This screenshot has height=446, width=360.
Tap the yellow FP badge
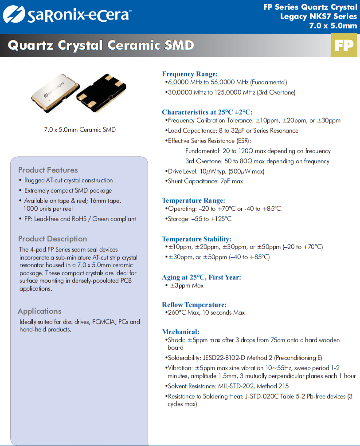pos(344,46)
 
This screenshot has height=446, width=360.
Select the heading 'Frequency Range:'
pos(190,74)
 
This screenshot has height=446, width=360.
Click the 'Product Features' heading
pos(48,170)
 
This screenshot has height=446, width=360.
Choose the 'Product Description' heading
pos(53,239)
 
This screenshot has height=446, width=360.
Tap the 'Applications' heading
pos(39,311)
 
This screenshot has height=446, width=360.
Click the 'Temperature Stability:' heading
pos(196,239)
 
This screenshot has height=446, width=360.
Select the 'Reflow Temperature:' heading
pos(194,305)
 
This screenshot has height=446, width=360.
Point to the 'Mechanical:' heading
pos(180,332)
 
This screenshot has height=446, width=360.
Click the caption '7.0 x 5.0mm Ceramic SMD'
pos(80,130)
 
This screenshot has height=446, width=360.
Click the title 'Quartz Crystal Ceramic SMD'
pos(101,46)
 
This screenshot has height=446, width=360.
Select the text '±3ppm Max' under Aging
pos(187,286)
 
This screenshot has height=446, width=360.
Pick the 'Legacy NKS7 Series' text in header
pos(318,16)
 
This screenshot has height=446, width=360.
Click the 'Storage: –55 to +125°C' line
pos(199,219)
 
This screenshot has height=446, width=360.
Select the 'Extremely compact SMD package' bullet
pos(68,190)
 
